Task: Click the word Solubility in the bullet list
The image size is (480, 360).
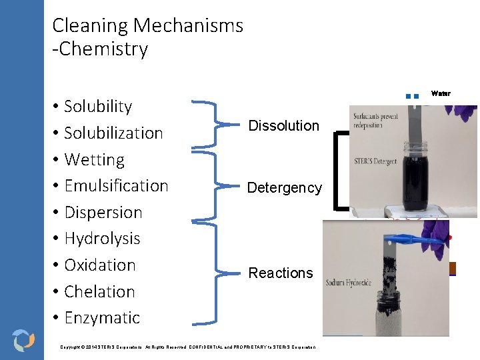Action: click(x=98, y=107)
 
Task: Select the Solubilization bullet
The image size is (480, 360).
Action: click(x=113, y=133)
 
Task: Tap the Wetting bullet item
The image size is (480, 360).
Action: click(x=94, y=160)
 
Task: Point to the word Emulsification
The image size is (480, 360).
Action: click(x=116, y=186)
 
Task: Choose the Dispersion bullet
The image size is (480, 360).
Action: click(x=103, y=213)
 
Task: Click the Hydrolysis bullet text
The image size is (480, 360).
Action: click(x=102, y=239)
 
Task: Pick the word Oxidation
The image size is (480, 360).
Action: click(x=100, y=265)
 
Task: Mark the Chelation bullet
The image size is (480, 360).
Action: click(x=99, y=292)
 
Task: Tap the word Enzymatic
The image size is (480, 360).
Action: click(x=102, y=318)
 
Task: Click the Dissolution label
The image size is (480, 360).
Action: click(x=283, y=126)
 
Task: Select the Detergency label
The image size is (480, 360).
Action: click(x=284, y=188)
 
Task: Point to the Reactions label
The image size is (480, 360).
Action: click(x=280, y=273)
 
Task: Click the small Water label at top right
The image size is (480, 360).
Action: click(x=441, y=93)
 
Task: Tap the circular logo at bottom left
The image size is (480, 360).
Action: click(x=23, y=339)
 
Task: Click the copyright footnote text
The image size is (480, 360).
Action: click(x=187, y=347)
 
